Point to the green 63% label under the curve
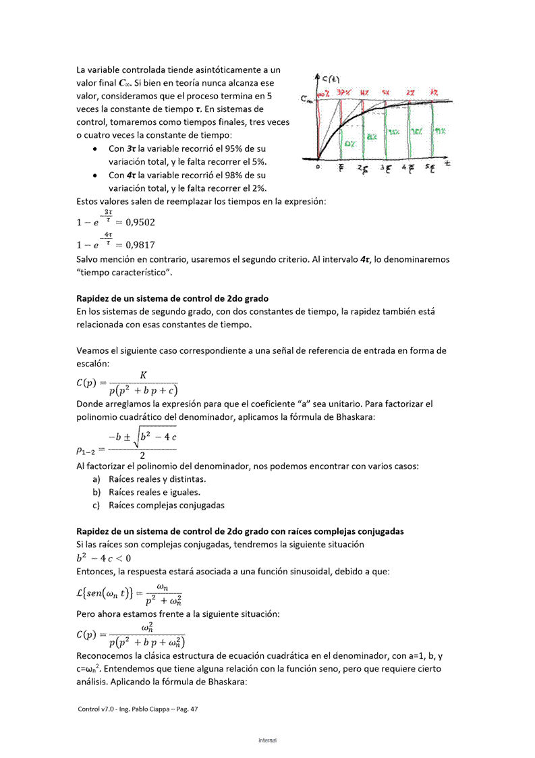[351, 144]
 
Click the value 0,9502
[142, 221]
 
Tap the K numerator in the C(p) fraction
[143, 375]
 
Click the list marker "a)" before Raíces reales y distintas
[96, 479]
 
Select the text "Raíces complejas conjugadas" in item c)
[166, 505]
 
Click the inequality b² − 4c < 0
[104, 558]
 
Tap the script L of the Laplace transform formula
[82, 593]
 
